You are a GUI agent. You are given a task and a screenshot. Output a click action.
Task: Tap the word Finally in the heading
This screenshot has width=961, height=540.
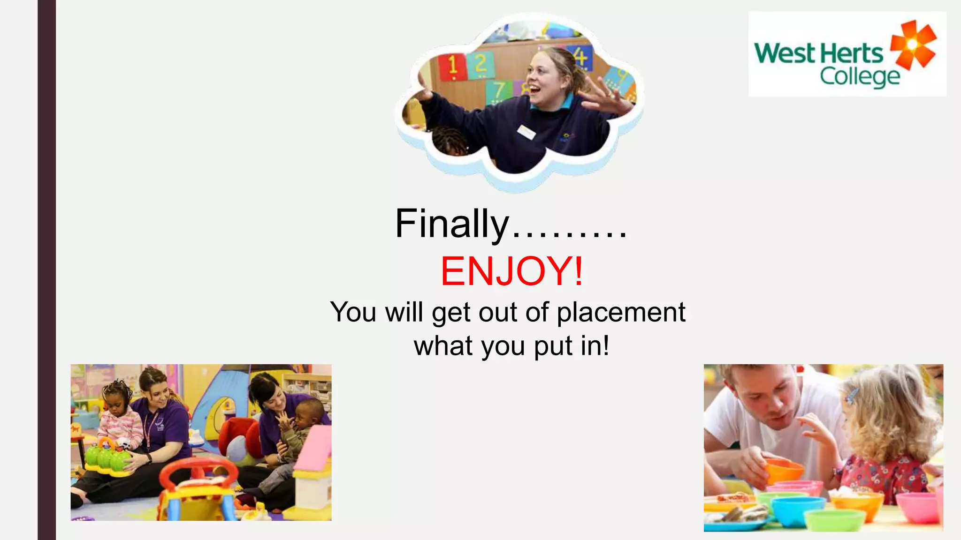coord(451,224)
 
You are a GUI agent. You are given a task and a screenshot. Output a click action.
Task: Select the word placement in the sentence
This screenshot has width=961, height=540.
coord(621,312)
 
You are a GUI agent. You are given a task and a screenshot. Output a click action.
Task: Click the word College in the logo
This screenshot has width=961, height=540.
coord(859,76)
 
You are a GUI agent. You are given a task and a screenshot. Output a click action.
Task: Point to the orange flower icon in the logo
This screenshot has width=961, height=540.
coord(913,45)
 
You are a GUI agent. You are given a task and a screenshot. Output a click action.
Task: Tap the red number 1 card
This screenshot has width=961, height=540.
coord(452,66)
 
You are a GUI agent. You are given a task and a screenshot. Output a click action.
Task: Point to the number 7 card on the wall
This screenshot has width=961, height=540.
coord(499,91)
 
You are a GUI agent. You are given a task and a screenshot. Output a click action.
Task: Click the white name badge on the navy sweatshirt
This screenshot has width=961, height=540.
coord(526,132)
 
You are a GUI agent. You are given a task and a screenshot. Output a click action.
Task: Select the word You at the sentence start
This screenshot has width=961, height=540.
coord(353,312)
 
